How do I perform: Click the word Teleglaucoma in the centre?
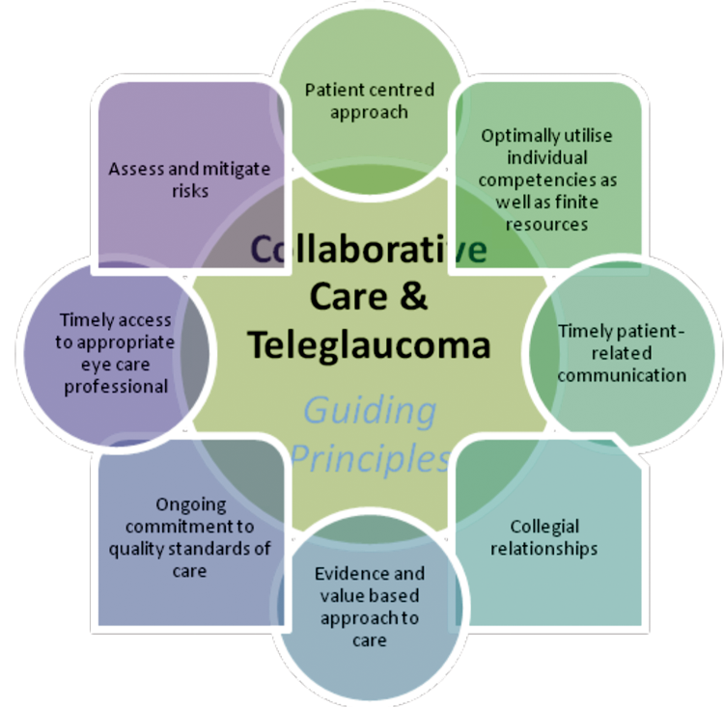[x=367, y=344]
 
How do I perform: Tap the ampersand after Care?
[x=410, y=296]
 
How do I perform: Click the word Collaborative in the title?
[x=367, y=249]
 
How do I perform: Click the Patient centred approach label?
[x=369, y=100]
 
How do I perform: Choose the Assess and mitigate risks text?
[x=189, y=178]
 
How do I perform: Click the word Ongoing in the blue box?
[x=190, y=504]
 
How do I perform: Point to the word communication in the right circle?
[x=621, y=374]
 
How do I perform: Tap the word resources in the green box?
[x=547, y=224]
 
